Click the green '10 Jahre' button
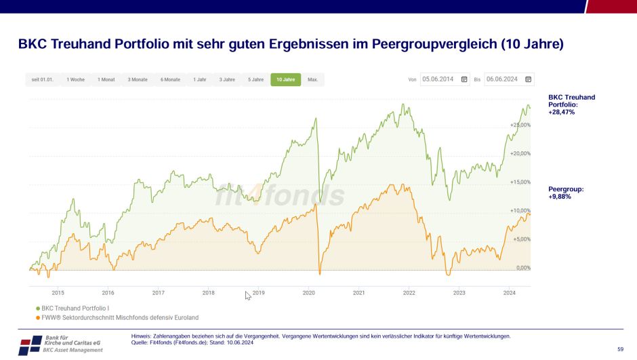(x=285, y=79)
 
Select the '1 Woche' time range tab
(x=75, y=79)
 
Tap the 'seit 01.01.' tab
(x=42, y=79)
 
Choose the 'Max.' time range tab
(x=312, y=79)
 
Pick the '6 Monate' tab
(x=170, y=79)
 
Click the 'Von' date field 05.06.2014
(x=440, y=79)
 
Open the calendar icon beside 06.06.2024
(x=529, y=79)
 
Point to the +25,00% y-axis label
(x=520, y=125)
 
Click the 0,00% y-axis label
(x=523, y=268)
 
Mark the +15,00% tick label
(x=520, y=182)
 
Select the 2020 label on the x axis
(x=308, y=293)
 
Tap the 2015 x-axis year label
(x=58, y=293)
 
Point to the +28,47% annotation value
(x=561, y=112)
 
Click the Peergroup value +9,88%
(x=560, y=197)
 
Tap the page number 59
(x=620, y=348)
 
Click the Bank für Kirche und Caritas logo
(x=61, y=344)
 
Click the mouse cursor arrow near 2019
(x=248, y=295)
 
